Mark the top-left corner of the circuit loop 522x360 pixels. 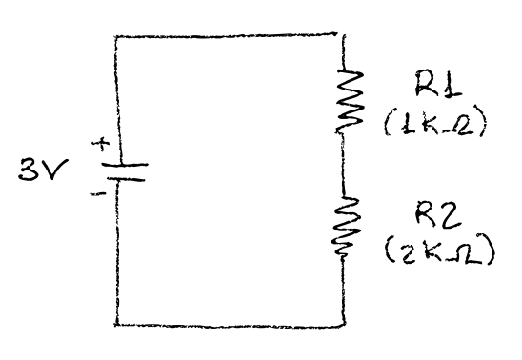[115, 37]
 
